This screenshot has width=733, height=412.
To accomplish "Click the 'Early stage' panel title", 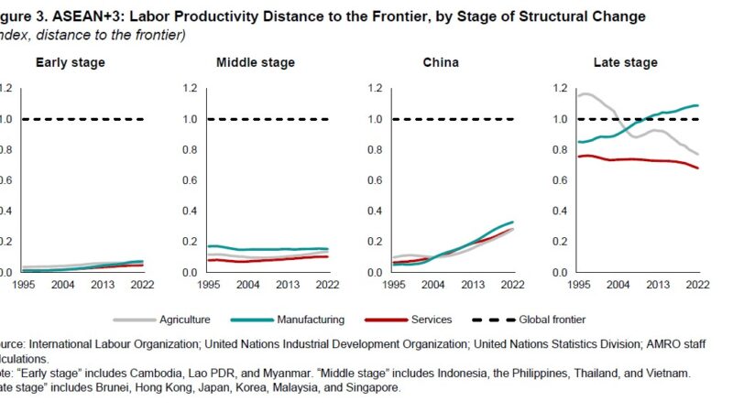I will [x=71, y=62].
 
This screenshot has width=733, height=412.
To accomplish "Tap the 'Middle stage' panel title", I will [x=256, y=62].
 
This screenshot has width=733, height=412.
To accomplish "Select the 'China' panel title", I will [x=441, y=62].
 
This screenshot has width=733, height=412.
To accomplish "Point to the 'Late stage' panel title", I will [x=627, y=62].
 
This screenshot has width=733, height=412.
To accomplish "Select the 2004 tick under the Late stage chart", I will [x=618, y=285].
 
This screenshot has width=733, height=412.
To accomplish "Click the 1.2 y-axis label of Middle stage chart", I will [x=191, y=89].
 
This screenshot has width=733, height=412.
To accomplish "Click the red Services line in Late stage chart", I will [x=641, y=160].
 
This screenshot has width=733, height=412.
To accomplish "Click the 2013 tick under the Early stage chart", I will [x=103, y=285].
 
